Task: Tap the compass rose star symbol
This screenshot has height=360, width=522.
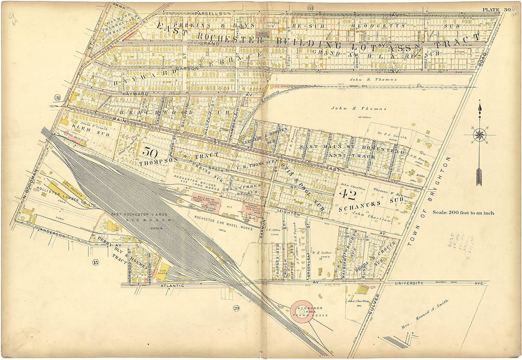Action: (x=480, y=135)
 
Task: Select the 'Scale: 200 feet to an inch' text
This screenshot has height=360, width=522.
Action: (x=463, y=213)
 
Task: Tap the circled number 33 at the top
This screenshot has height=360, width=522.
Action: (x=310, y=8)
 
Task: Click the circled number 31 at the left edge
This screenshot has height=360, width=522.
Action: (x=57, y=98)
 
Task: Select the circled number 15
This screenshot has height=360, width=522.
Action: (x=96, y=262)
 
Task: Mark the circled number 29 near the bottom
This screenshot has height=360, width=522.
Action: (x=236, y=309)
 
